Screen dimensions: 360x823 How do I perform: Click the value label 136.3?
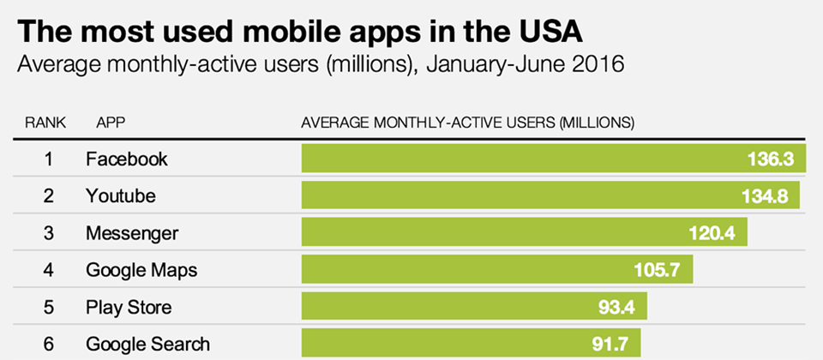point(776,159)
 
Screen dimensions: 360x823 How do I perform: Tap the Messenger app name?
point(132,233)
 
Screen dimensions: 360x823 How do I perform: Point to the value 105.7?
point(658,271)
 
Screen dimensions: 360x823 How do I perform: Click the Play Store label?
point(129,308)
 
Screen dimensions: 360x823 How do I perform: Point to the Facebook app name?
point(127,159)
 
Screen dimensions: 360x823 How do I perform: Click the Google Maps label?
point(141,271)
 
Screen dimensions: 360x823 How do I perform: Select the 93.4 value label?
point(613,308)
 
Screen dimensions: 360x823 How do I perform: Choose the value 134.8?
point(765,196)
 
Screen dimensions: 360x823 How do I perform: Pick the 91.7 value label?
point(606,345)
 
